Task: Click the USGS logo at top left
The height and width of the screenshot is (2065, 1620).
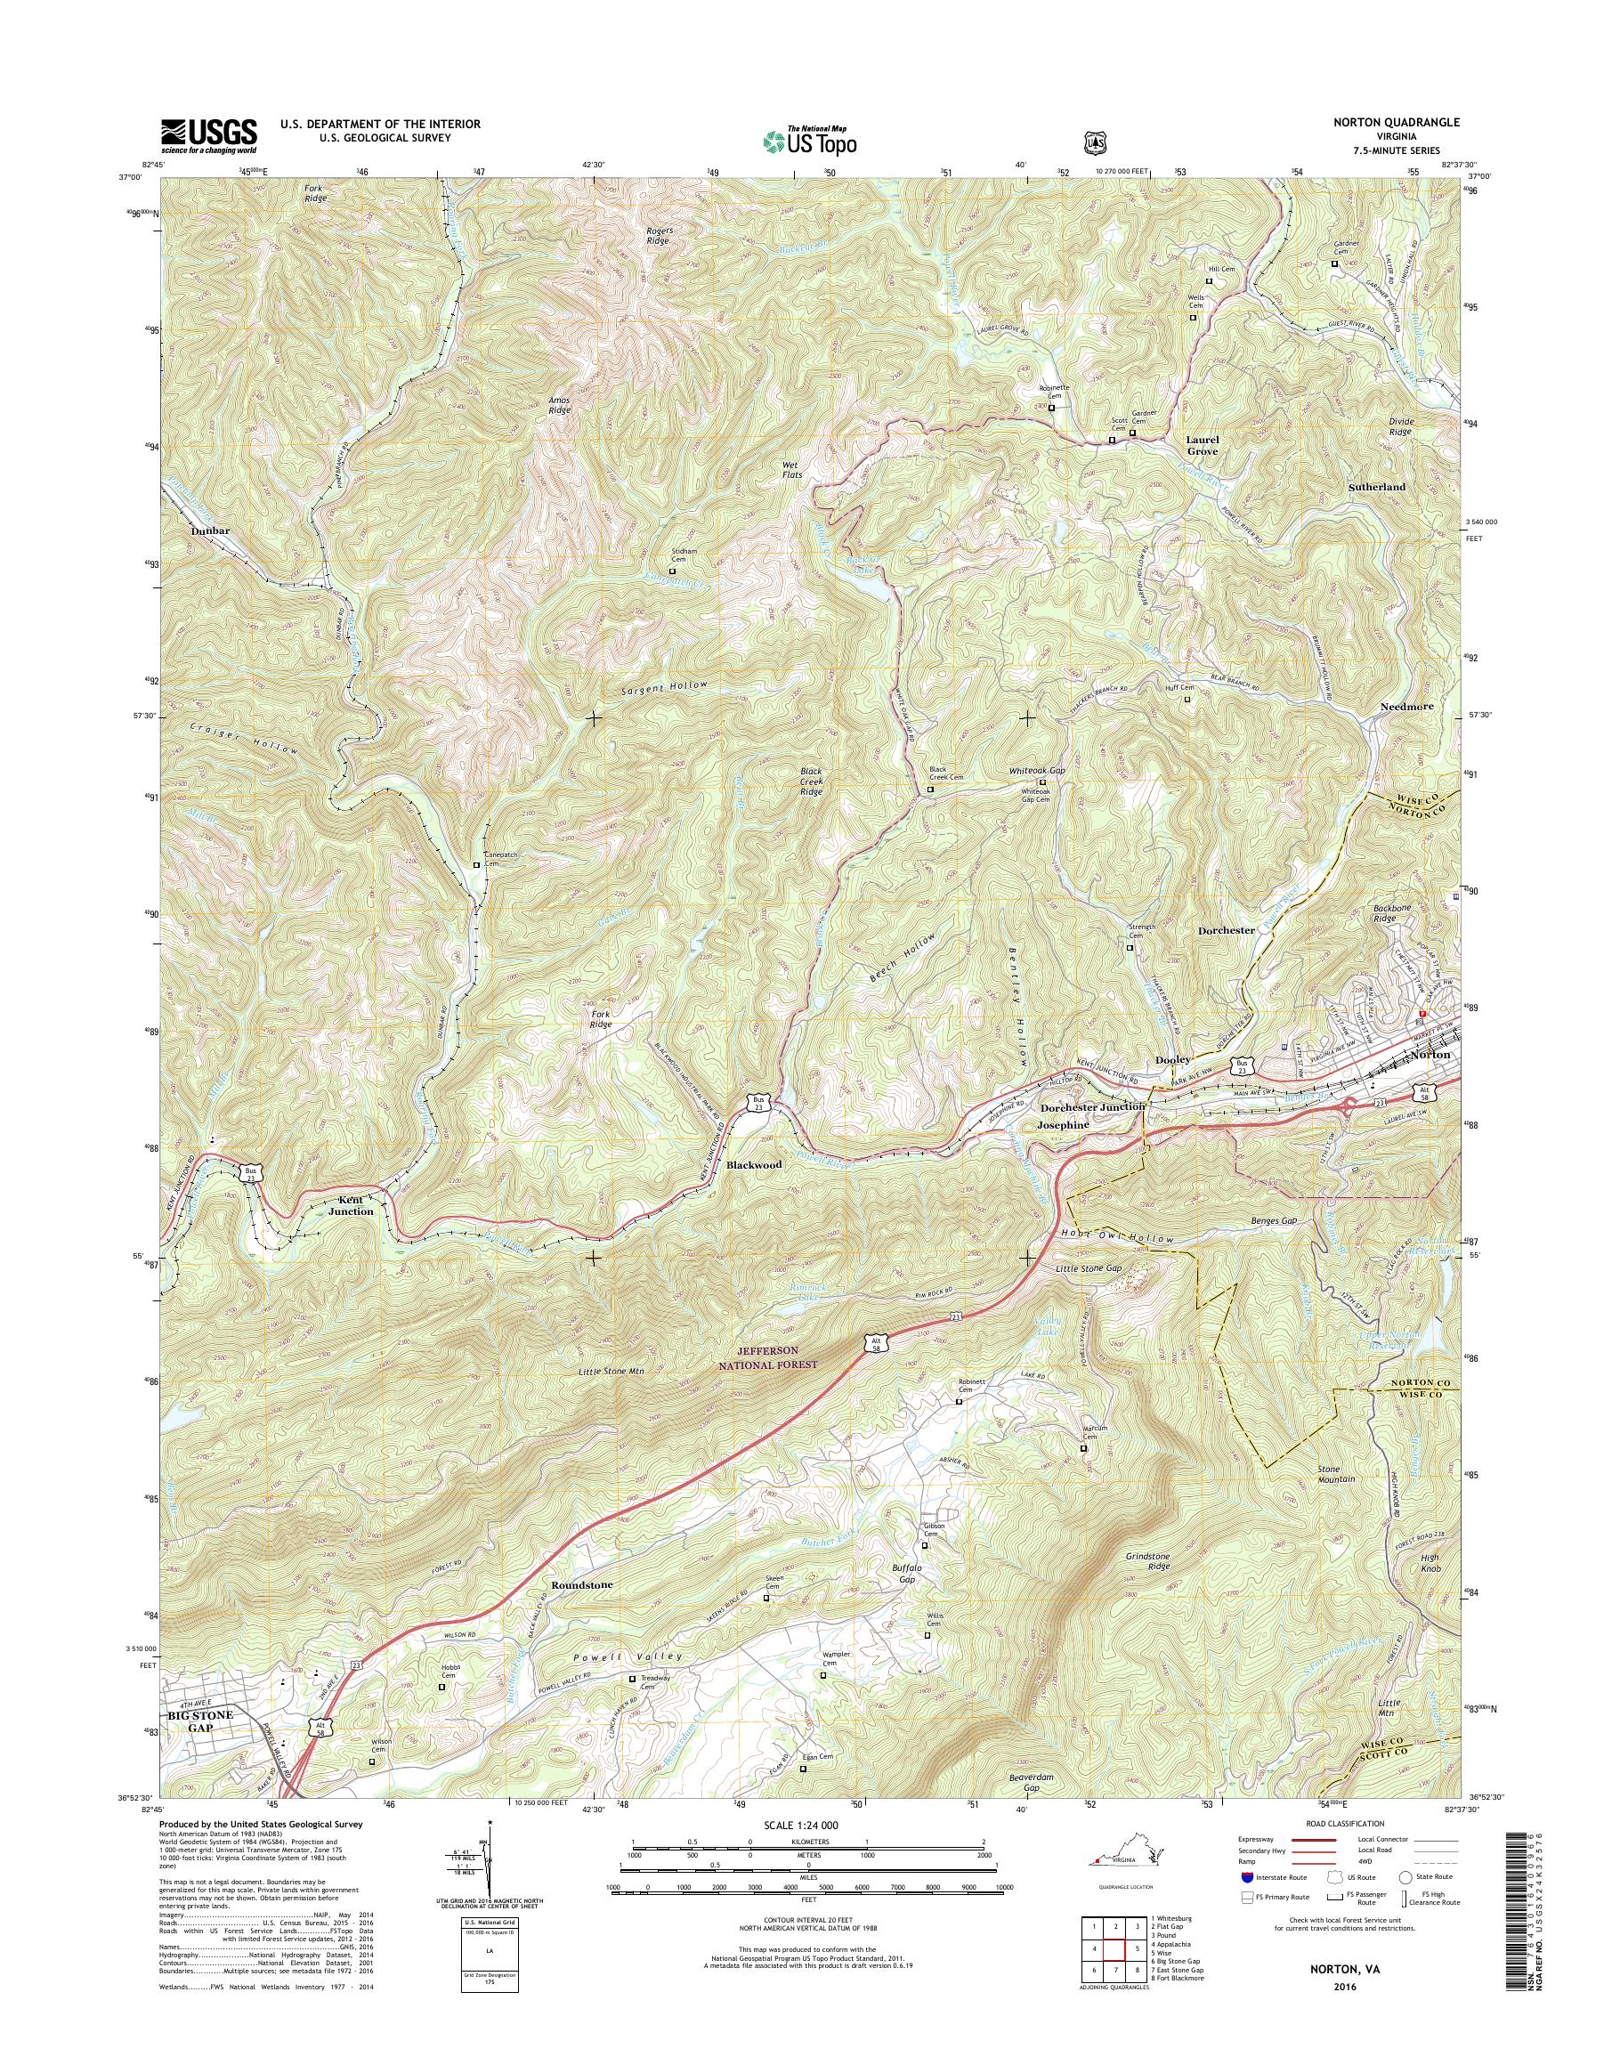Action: [208, 134]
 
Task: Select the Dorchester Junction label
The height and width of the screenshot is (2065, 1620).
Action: [1093, 1107]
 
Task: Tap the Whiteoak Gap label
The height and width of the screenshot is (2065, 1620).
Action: [1038, 771]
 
